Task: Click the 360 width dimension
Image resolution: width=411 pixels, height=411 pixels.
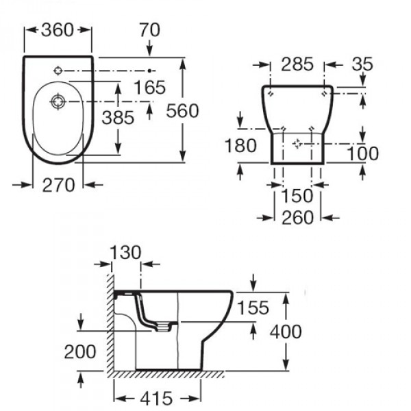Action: (58, 30)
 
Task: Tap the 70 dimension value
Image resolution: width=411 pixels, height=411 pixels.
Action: (149, 30)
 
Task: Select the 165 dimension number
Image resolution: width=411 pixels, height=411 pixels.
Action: (150, 87)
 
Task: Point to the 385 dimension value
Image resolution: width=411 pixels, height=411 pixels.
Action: (119, 117)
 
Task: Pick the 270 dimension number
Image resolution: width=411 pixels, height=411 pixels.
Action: (58, 186)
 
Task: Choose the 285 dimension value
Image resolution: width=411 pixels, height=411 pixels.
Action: (297, 64)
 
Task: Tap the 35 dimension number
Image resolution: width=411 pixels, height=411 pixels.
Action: (364, 64)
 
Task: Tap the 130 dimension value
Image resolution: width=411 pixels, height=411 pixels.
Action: (125, 252)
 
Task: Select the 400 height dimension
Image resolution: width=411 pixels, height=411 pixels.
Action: (286, 332)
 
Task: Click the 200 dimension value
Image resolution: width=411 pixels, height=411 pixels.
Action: (81, 352)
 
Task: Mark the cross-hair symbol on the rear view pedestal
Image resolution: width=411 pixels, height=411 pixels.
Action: (297, 144)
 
